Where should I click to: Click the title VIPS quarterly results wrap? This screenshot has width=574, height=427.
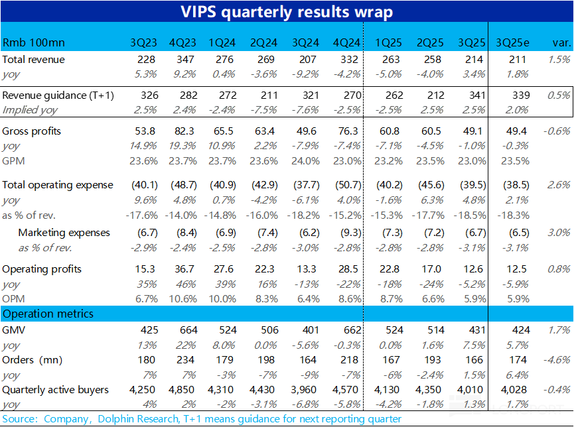tap(287, 12)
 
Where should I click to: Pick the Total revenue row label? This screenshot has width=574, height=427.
tap(33, 60)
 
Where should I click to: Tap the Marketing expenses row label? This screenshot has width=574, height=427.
tap(64, 233)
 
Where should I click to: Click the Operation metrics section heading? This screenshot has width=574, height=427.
tap(48, 314)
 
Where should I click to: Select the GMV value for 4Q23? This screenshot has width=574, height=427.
tap(187, 330)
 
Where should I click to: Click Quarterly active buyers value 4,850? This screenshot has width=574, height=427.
tap(180, 390)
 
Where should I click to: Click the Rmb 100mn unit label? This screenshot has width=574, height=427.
tap(29, 42)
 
